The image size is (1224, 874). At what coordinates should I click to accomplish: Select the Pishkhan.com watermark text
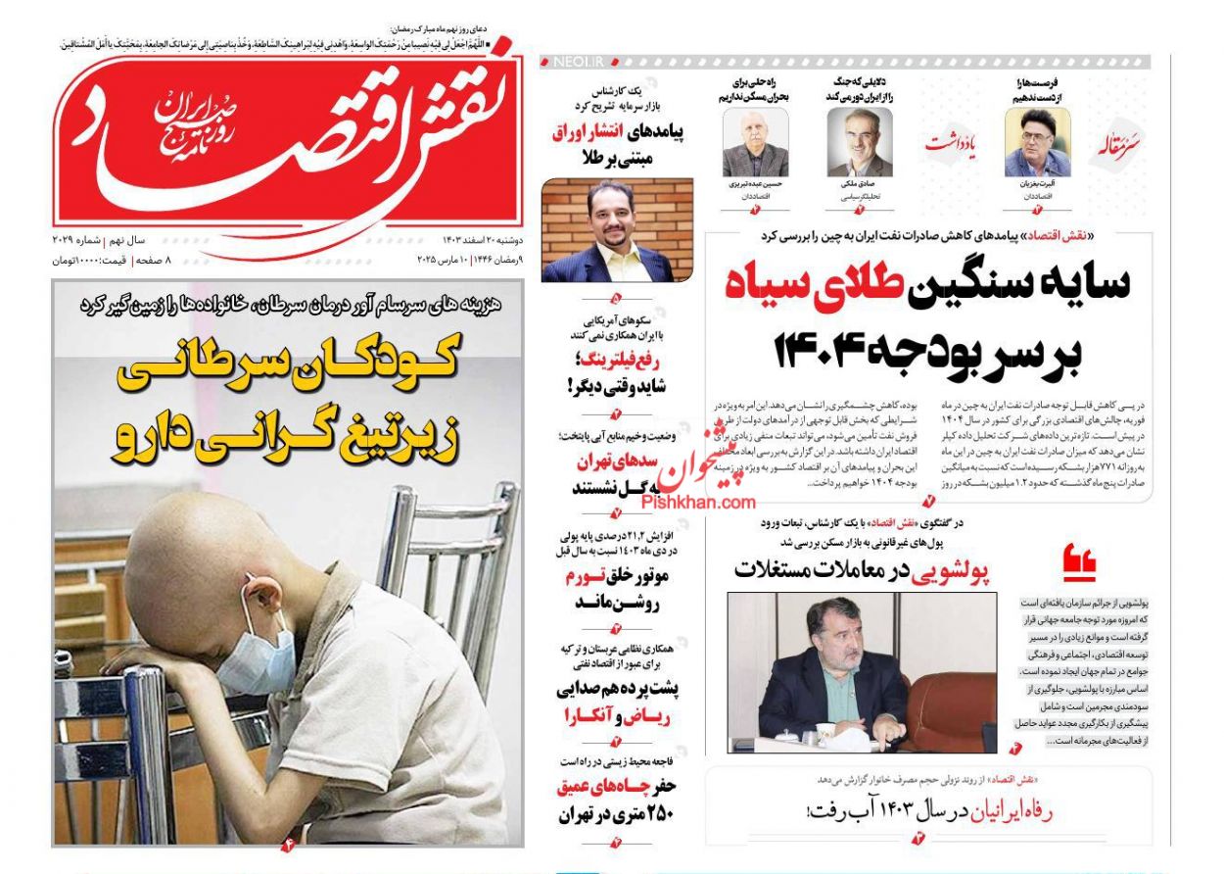(698, 502)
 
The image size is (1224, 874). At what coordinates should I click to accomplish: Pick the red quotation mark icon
(1080, 563)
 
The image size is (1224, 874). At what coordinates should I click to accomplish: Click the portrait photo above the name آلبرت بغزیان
(1037, 142)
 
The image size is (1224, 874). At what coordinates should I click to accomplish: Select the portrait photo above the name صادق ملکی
(859, 142)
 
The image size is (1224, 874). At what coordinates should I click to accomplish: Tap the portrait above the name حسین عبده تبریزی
(755, 143)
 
